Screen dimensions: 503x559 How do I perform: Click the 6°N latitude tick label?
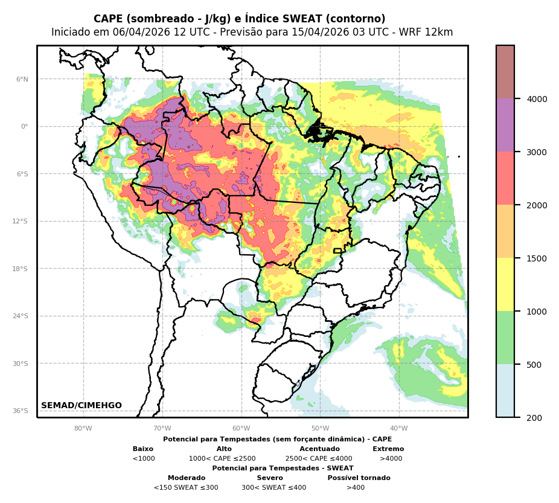22,79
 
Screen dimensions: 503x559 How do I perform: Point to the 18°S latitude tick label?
21,269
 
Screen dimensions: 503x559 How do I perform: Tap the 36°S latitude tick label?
21,411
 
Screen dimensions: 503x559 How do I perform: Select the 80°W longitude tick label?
83,429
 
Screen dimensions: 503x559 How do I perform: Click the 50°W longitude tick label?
320,429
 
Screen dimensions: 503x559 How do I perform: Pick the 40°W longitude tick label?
399,429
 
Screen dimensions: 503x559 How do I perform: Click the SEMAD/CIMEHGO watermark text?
81,406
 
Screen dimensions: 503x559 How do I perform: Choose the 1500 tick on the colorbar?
537,258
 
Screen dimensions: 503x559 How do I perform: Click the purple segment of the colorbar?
505,125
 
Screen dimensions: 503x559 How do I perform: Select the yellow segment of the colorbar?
505,284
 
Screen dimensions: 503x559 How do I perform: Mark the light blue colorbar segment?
505,391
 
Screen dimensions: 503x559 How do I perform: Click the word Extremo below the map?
388,449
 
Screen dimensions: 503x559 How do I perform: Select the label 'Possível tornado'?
359,478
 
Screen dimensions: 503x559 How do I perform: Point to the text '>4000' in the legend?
391,459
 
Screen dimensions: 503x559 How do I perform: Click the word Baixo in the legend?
143,449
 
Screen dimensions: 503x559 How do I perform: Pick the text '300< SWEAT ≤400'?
273,488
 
